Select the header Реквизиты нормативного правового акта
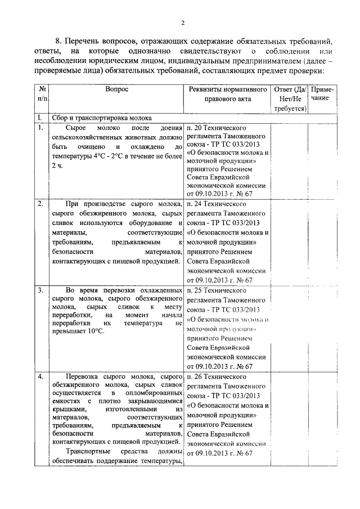pyautogui.click(x=228, y=94)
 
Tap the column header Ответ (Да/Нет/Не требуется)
pyautogui.click(x=289, y=99)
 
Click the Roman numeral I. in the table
pyautogui.click(x=39, y=118)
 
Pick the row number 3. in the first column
pyautogui.click(x=40, y=290)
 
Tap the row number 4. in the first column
pyautogui.click(x=40, y=376)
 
